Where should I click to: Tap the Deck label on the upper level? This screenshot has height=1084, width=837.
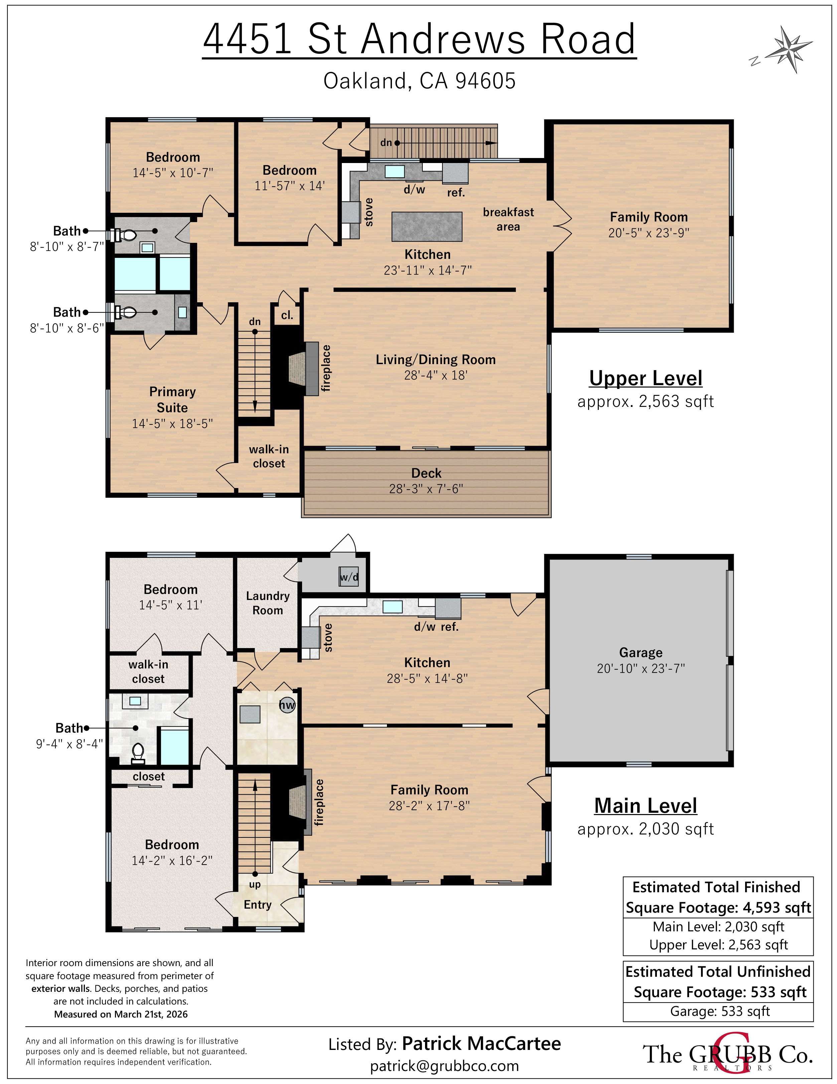click(x=426, y=473)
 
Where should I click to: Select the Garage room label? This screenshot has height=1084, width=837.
click(x=641, y=652)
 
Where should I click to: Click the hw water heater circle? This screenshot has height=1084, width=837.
click(x=287, y=705)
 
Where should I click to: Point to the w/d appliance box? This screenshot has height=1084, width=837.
click(x=348, y=577)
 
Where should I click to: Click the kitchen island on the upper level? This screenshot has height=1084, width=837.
click(x=427, y=226)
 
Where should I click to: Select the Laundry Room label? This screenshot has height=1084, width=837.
click(x=268, y=603)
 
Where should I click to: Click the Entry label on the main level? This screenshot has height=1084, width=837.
click(x=257, y=904)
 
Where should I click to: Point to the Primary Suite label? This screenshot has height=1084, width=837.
click(x=172, y=400)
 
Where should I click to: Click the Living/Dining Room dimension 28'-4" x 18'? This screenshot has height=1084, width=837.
click(x=435, y=375)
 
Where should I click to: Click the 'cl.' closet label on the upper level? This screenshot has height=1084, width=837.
click(x=287, y=315)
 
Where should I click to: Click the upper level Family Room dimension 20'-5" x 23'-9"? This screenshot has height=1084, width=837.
click(x=648, y=233)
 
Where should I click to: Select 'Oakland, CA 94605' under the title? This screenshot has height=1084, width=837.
click(x=419, y=81)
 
